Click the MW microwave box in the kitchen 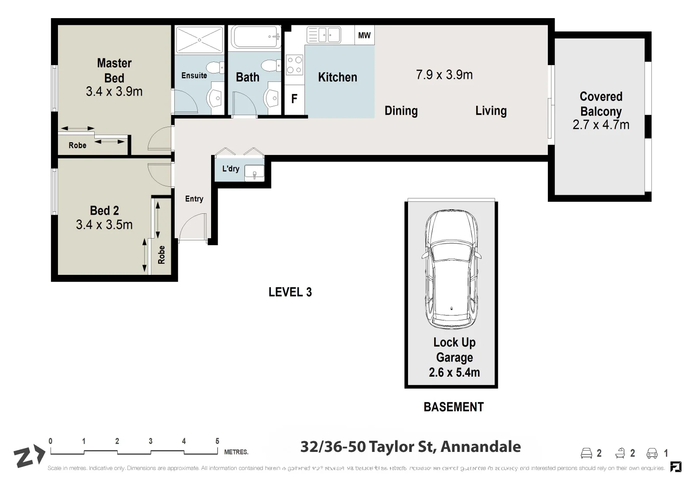364,35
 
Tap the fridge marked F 294,99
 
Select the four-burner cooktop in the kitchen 294,65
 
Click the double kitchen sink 324,35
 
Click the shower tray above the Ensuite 199,40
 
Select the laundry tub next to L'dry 254,172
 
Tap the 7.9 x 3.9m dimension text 444,75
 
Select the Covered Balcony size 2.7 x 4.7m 601,125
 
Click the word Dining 401,111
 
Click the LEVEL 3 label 290,292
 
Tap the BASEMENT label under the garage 454,407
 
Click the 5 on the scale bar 217,441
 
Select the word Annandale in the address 481,447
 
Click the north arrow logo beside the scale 28,456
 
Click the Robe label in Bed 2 162,255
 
